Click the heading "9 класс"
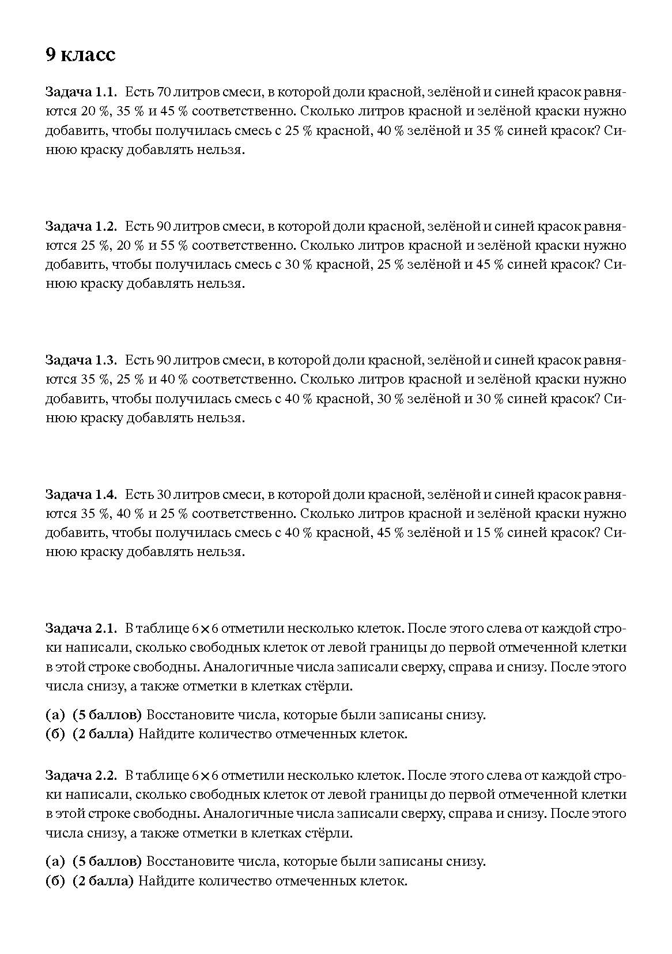[81, 55]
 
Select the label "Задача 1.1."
[81, 92]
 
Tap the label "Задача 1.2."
[81, 226]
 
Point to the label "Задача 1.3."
[81, 360]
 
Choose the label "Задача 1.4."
[81, 494]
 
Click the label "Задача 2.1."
[81, 628]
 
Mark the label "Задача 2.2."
[81, 775]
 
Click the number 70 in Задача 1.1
[164, 92]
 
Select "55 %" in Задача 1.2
[174, 245]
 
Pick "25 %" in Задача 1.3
[131, 380]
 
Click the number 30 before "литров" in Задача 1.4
[164, 494]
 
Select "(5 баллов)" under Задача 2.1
[107, 715]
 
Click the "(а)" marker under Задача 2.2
[55, 862]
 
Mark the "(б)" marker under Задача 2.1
[55, 735]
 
